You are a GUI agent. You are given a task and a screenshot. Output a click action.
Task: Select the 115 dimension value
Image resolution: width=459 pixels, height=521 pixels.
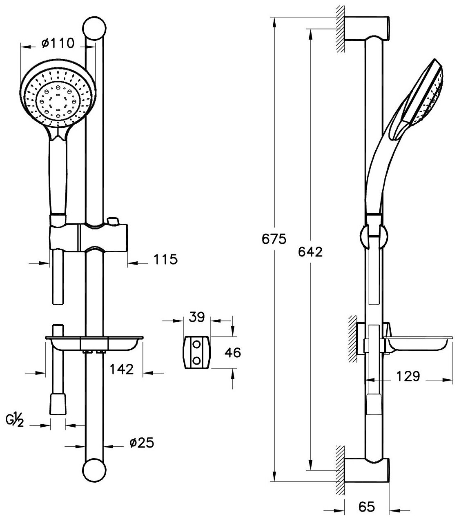(x=165, y=259)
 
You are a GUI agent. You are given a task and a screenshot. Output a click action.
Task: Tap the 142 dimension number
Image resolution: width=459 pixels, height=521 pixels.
(x=121, y=369)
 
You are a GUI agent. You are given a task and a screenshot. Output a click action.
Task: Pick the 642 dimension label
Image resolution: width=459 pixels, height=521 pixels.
(x=310, y=252)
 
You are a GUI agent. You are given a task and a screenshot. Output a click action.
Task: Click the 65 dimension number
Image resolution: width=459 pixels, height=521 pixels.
(x=366, y=507)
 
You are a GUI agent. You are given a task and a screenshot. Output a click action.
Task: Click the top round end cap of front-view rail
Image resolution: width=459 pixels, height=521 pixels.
(x=95, y=29)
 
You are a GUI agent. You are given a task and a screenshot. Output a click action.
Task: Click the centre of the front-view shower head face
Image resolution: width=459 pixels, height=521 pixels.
(x=58, y=97)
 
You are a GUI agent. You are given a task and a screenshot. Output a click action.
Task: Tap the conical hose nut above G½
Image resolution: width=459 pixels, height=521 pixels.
(x=58, y=404)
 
